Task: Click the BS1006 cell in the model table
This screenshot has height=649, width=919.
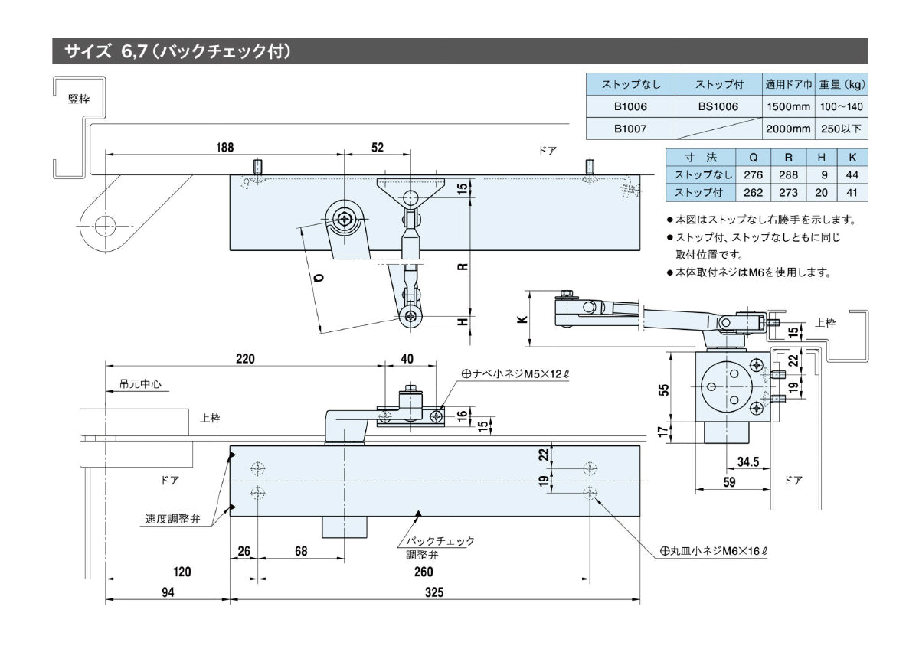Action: click(718, 106)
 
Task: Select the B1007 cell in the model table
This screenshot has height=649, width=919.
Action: click(630, 129)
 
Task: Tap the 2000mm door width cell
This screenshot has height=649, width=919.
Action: click(787, 129)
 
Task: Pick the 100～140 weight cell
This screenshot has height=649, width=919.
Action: click(841, 106)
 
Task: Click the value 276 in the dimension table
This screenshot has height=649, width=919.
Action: click(754, 174)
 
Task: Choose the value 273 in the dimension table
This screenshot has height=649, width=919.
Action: click(788, 192)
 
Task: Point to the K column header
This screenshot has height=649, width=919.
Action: click(852, 157)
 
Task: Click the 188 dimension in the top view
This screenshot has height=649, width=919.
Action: click(224, 148)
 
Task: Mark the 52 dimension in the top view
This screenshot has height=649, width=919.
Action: click(378, 148)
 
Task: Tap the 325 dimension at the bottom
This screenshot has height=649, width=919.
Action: click(434, 592)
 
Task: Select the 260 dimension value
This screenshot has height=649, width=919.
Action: click(424, 572)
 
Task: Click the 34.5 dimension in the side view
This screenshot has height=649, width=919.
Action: click(747, 461)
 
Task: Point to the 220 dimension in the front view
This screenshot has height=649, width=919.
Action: click(245, 358)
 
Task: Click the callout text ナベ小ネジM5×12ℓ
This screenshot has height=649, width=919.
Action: click(515, 374)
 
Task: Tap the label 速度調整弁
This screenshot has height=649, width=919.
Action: click(172, 518)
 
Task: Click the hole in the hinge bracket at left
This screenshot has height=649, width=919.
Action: click(104, 224)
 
